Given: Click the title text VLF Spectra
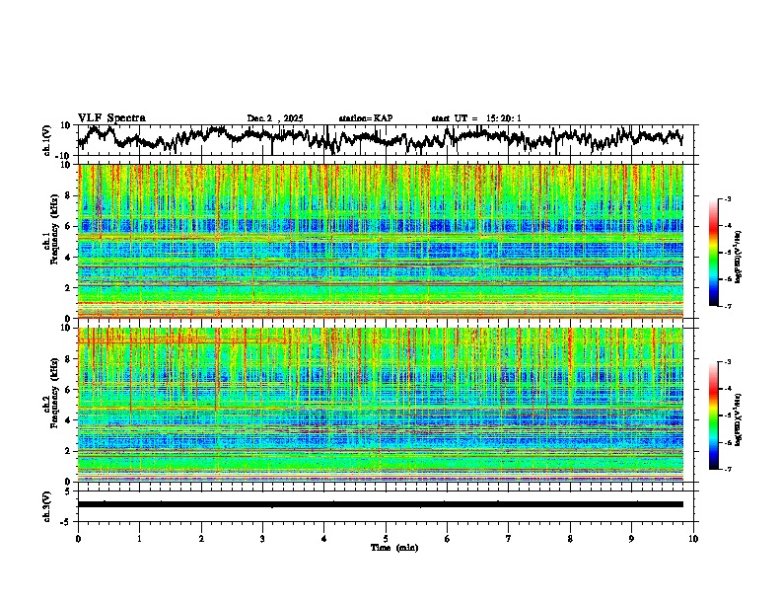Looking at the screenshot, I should click(111, 118).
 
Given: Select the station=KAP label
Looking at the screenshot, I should click(365, 118).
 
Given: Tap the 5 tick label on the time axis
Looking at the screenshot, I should click(386, 538).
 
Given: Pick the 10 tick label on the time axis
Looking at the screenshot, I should click(693, 538).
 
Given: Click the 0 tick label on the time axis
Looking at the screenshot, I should click(78, 538).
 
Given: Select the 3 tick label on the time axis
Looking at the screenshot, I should click(262, 538).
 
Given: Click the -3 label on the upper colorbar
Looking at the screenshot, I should click(727, 200).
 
